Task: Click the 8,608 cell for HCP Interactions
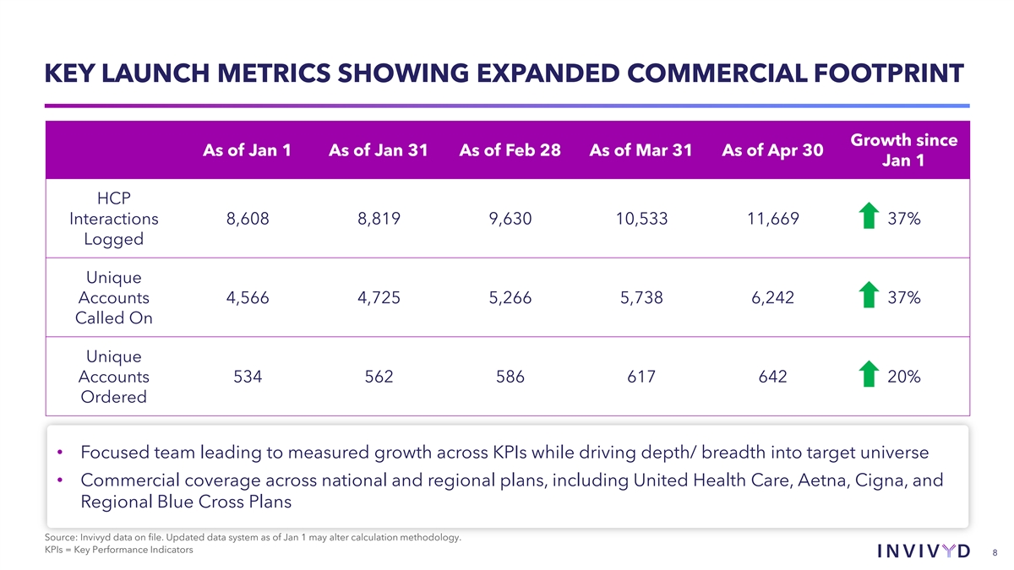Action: (x=248, y=220)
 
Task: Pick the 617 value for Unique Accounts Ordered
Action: (x=641, y=377)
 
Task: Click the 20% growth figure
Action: (x=904, y=377)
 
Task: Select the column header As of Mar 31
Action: (x=641, y=150)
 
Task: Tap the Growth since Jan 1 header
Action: (x=902, y=150)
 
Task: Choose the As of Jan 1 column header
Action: (x=248, y=150)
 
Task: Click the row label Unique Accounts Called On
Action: (x=113, y=298)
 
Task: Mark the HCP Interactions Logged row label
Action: (x=113, y=220)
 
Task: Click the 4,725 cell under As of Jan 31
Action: (x=379, y=298)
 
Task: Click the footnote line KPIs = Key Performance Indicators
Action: (x=118, y=551)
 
